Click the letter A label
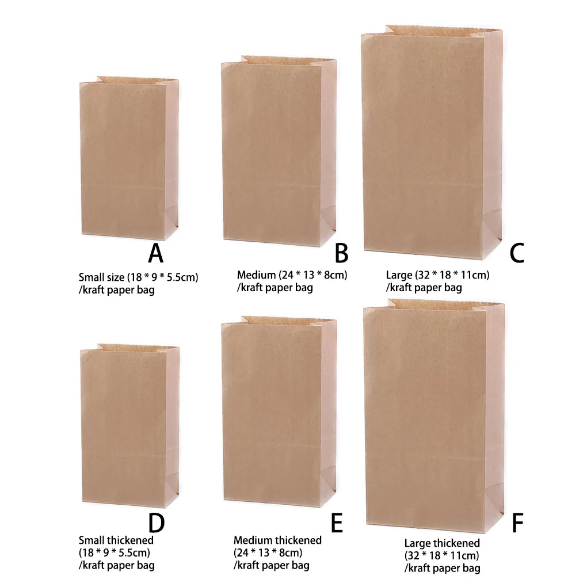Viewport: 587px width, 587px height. pos(155,253)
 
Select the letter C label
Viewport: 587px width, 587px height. pos(517,253)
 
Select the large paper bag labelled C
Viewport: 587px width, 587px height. pos(432,144)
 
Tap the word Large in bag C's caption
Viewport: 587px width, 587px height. pos(399,275)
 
